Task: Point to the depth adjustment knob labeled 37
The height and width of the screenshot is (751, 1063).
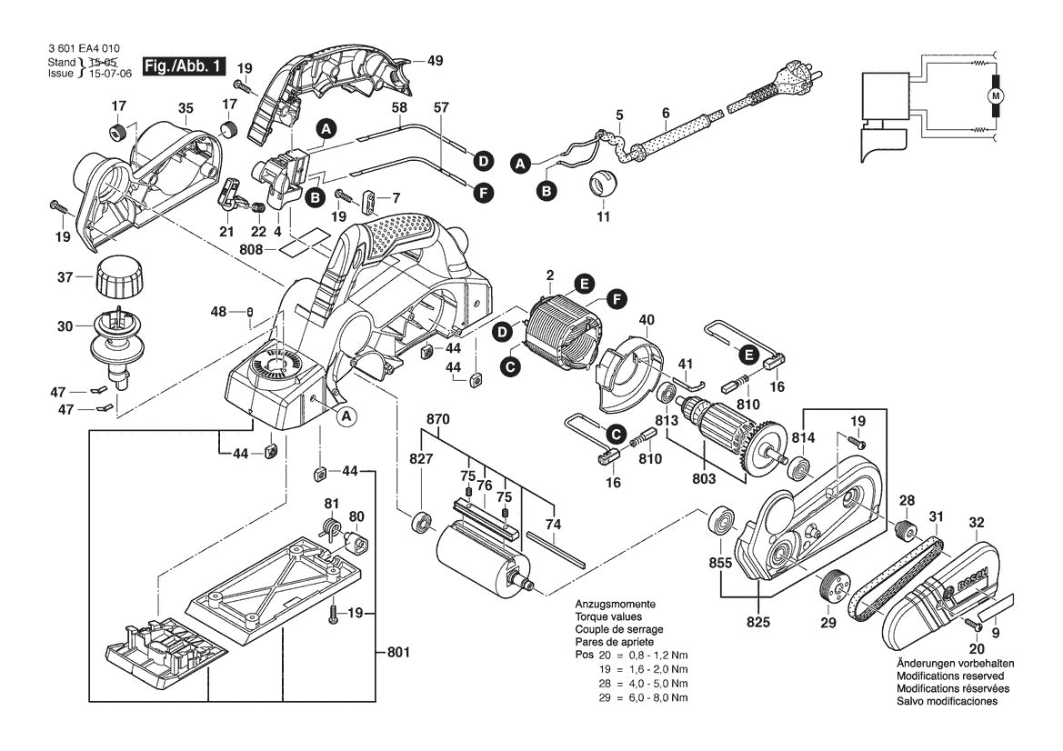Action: tap(115, 275)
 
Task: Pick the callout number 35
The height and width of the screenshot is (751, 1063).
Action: tap(186, 108)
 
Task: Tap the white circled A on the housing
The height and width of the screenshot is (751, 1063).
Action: tap(346, 416)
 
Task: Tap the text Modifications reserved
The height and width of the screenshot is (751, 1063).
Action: tap(950, 676)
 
